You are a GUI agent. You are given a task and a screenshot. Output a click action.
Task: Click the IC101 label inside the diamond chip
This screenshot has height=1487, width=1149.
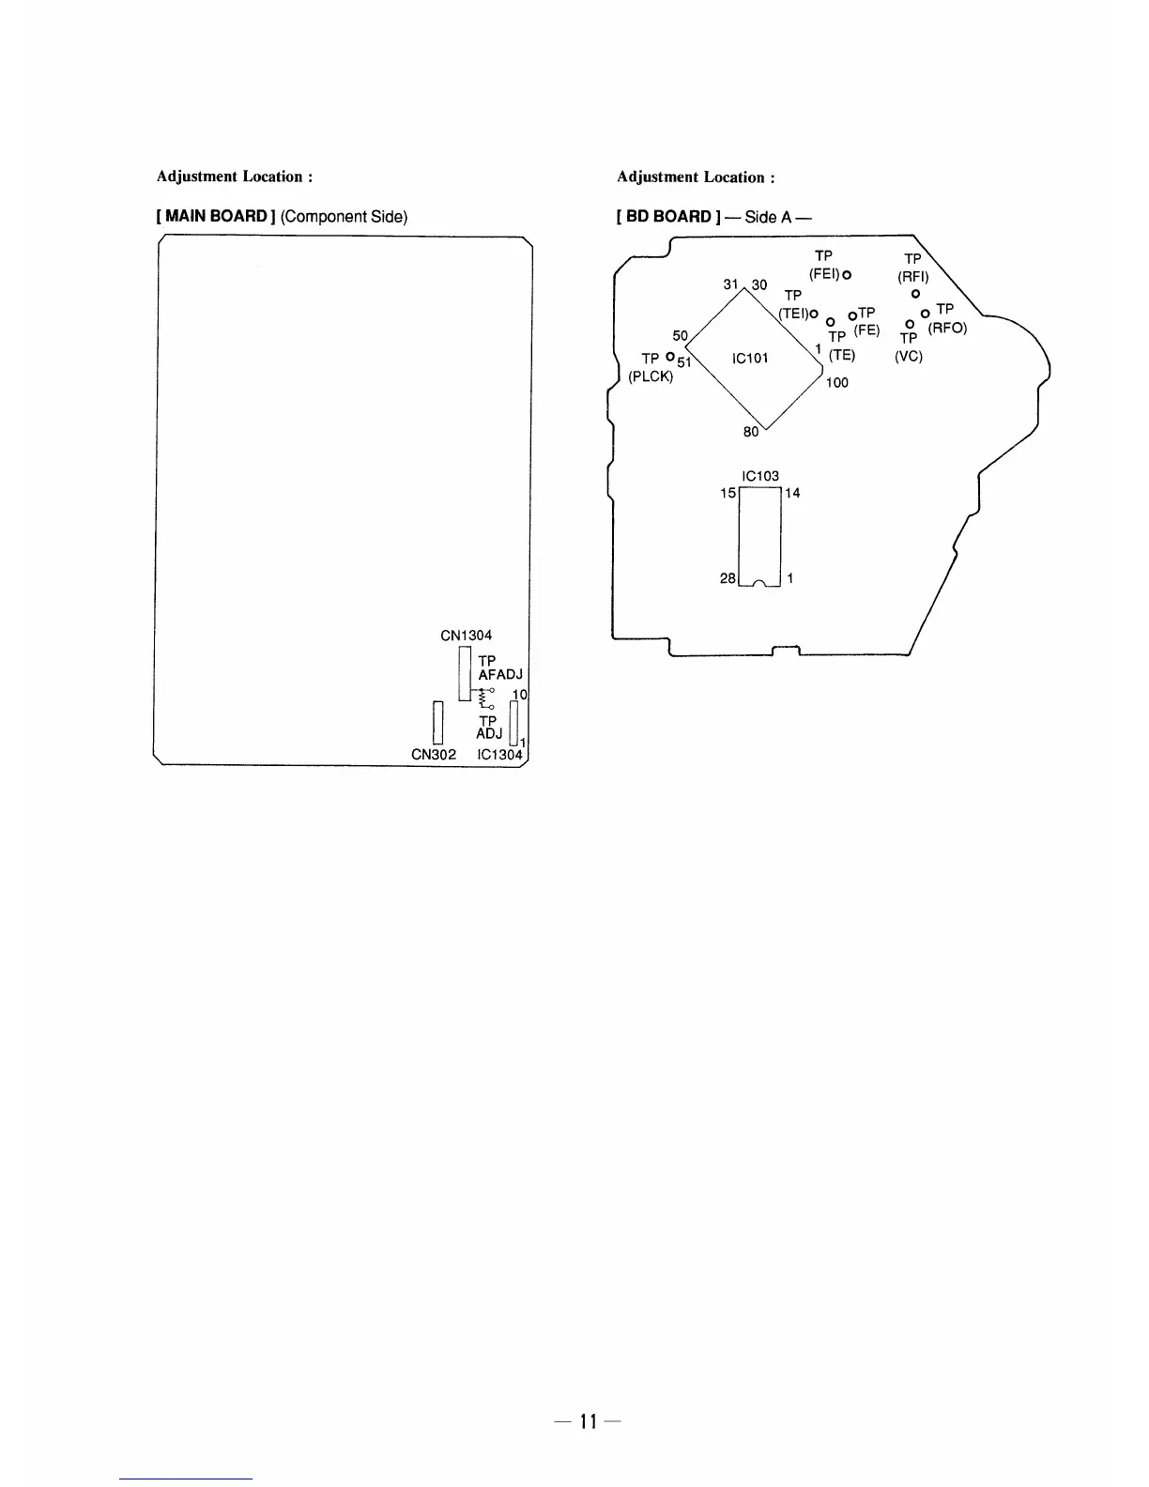(x=750, y=358)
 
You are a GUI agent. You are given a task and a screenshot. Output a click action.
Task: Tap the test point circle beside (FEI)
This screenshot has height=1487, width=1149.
(x=846, y=275)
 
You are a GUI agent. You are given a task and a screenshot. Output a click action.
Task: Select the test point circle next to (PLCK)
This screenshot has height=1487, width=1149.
(x=669, y=357)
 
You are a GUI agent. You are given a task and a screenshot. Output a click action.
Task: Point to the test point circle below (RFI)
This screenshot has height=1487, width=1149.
(x=915, y=294)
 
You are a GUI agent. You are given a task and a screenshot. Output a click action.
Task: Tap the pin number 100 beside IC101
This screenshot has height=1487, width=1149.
(x=836, y=383)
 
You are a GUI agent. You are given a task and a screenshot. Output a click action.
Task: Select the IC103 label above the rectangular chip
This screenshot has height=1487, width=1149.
(x=759, y=476)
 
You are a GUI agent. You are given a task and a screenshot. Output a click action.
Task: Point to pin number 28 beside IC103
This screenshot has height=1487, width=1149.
(x=728, y=578)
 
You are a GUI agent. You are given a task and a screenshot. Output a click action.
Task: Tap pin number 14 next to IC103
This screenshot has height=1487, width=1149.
(x=792, y=493)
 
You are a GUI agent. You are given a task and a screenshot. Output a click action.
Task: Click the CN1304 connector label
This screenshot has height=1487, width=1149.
(x=466, y=636)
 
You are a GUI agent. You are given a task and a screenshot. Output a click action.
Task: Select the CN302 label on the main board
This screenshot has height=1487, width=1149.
(x=434, y=755)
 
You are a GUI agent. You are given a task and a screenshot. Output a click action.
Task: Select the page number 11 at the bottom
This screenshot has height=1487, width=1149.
(x=588, y=1421)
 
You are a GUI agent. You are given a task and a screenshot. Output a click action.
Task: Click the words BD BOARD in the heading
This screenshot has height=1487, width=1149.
(x=668, y=217)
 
